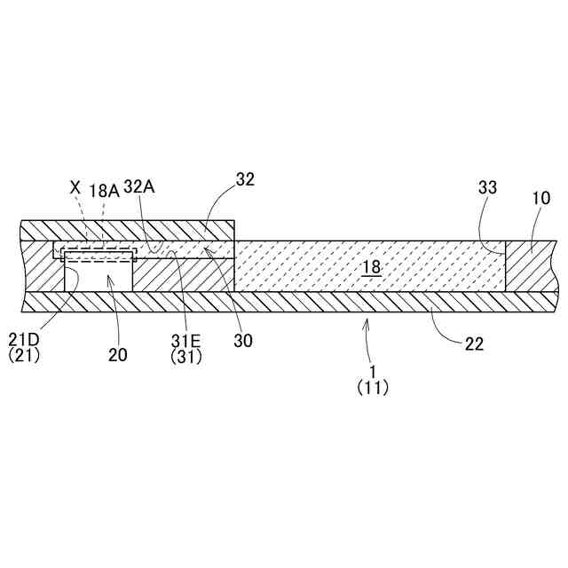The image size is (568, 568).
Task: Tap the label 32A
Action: [140, 188]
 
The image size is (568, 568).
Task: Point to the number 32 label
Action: [245, 178]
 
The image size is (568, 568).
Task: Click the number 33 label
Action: [487, 187]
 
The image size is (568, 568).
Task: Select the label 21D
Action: [24, 339]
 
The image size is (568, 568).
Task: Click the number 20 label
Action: [118, 354]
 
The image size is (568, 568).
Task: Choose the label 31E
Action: [187, 340]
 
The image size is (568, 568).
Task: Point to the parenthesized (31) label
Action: [186, 357]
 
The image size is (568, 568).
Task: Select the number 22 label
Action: [474, 343]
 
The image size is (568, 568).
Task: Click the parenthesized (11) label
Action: [372, 387]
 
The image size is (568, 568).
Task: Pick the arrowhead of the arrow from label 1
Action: [365, 323]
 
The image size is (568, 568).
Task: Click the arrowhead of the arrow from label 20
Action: [109, 278]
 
